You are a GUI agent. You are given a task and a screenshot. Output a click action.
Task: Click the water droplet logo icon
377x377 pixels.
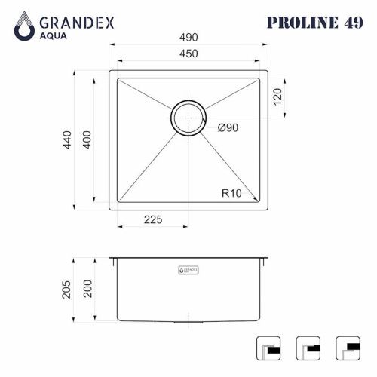click(x=25, y=26)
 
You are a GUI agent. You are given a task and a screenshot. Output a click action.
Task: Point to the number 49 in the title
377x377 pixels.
click(x=348, y=22)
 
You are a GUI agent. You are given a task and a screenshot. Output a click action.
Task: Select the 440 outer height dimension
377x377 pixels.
click(x=67, y=140)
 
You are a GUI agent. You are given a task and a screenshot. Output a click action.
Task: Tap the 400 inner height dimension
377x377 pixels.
click(x=87, y=140)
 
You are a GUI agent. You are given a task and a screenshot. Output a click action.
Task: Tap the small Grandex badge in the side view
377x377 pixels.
click(x=188, y=268)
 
